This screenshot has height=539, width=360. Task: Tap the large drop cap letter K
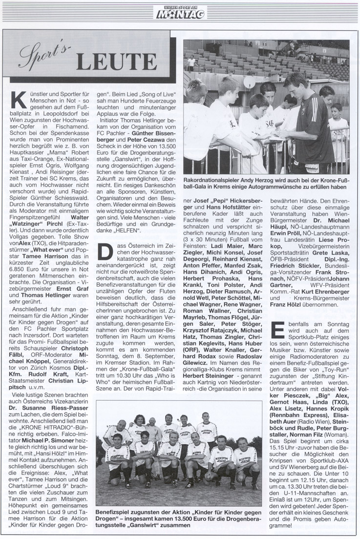(21, 98)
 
